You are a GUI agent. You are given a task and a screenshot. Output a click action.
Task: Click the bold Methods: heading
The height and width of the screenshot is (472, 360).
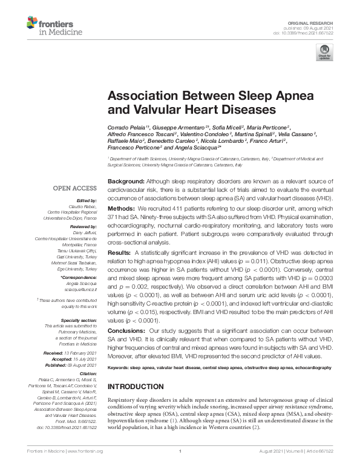122,208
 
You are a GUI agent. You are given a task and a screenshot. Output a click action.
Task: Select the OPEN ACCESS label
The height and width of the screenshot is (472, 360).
76,189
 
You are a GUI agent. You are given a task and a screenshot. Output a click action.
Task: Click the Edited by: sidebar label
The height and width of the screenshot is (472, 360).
85,200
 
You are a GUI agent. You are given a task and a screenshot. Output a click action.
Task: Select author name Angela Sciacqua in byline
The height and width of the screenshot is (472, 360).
190,147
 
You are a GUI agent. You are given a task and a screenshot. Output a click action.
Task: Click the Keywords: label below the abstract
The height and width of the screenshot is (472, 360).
119,367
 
